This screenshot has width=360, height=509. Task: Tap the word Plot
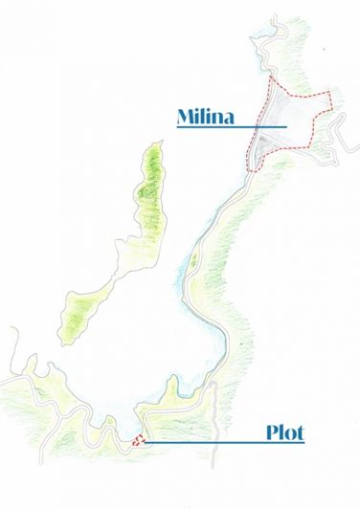pos(284,432)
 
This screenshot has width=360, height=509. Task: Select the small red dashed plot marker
pos(139,441)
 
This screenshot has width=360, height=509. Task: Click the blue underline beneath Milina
pos(231,126)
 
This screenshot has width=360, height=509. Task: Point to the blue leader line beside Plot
pos(211,442)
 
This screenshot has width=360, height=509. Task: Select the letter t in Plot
pos(300,432)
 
